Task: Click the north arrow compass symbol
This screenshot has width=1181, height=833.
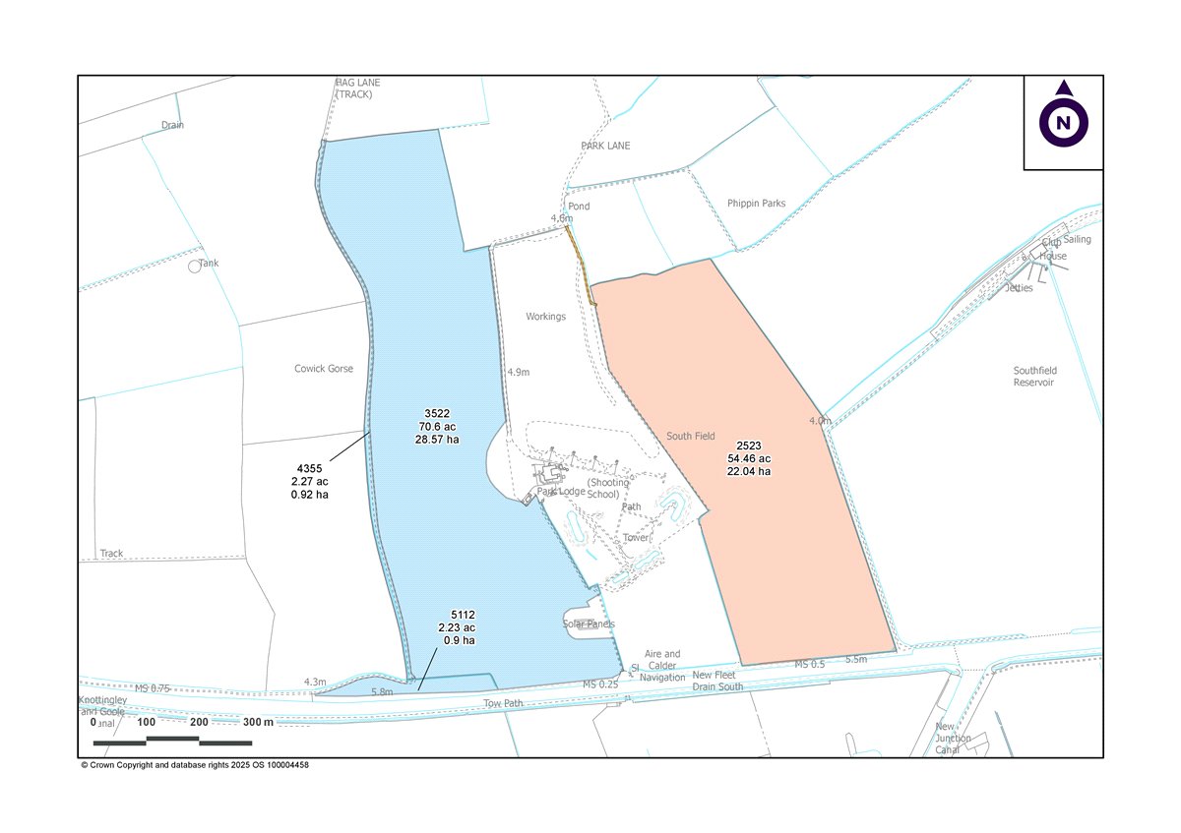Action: pos(1063,122)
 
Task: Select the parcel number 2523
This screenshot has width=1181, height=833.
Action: pos(748,446)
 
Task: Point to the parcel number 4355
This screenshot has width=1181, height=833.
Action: pos(309,468)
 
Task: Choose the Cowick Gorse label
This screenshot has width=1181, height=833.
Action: pos(323,369)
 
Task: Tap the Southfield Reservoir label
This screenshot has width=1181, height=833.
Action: pos(1033,377)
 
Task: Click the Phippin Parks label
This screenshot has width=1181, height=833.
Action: pos(756,204)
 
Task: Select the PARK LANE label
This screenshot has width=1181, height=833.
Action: pos(605,146)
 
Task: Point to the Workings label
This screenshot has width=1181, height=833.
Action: pos(545,317)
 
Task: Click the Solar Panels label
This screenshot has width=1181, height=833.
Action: pos(589,624)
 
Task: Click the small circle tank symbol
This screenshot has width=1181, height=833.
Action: pos(195,267)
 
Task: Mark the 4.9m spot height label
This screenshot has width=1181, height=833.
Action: pos(519,373)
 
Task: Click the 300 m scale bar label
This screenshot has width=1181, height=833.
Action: pos(258,722)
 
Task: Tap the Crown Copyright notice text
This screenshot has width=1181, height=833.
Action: pos(195,765)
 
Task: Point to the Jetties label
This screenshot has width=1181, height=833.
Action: pos(1019,288)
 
